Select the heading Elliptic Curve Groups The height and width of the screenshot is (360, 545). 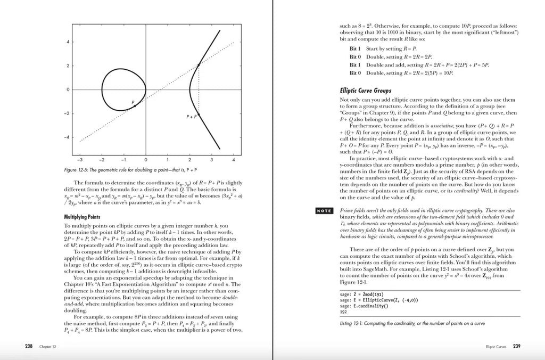click(x=365, y=91)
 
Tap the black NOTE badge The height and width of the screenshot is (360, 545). click(x=324, y=211)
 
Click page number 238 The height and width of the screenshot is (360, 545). click(x=29, y=346)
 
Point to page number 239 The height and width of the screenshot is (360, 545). click(x=516, y=346)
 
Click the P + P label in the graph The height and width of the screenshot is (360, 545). click(x=192, y=116)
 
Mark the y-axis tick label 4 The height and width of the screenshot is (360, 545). click(x=68, y=42)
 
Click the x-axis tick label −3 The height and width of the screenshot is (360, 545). click(x=79, y=159)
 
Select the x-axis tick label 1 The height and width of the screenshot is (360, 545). click(x=168, y=159)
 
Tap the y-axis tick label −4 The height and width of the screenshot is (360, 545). click(x=67, y=137)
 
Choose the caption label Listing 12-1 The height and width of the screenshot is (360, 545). click(x=351, y=324)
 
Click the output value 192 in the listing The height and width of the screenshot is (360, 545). click(x=343, y=312)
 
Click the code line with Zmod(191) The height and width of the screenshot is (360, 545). click(x=361, y=294)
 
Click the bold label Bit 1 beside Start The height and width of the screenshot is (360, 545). click(x=355, y=49)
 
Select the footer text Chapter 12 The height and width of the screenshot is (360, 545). click(x=49, y=347)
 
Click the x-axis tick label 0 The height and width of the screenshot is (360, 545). click(x=146, y=159)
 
